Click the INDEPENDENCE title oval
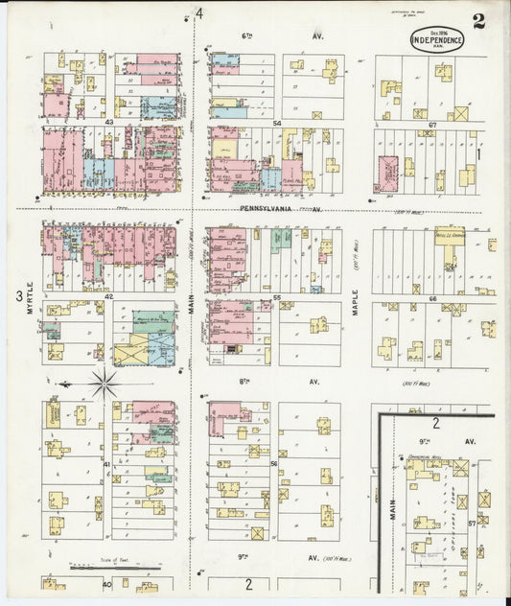click(437, 40)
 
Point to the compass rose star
click(104, 385)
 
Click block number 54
click(276, 124)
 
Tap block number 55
click(276, 298)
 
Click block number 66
click(432, 298)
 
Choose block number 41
click(107, 464)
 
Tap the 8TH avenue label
click(244, 381)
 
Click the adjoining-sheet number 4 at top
click(200, 13)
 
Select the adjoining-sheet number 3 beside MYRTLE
click(18, 296)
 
